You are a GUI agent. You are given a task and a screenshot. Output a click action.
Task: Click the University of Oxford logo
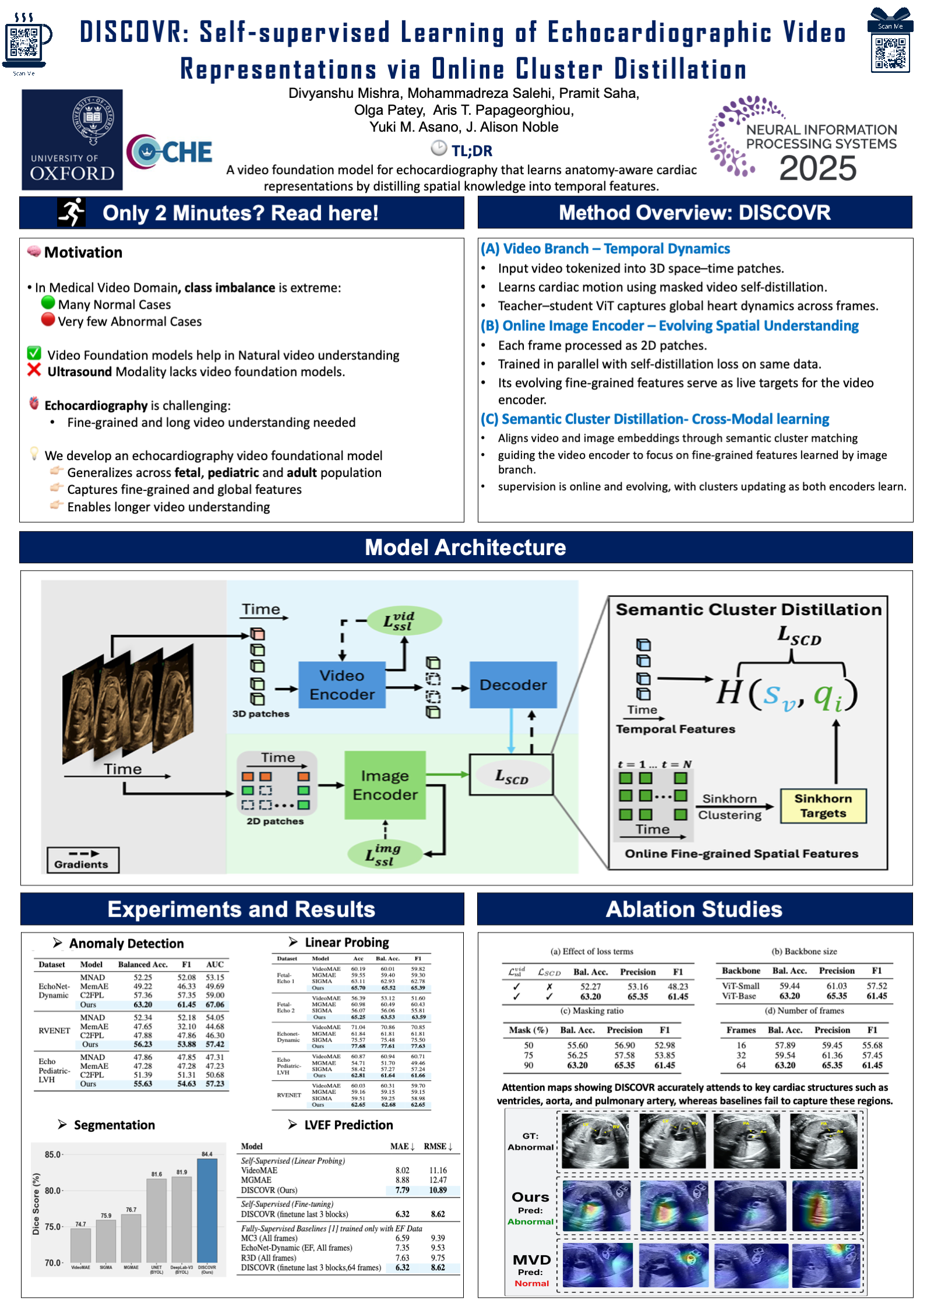(x=72, y=140)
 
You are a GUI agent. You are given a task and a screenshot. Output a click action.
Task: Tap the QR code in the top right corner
(x=890, y=53)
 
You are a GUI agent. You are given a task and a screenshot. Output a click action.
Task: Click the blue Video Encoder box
(x=342, y=685)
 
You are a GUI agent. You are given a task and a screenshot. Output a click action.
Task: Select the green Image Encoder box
(x=385, y=785)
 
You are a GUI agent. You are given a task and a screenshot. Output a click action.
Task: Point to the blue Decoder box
(x=513, y=685)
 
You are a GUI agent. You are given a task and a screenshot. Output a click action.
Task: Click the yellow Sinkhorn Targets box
(x=823, y=806)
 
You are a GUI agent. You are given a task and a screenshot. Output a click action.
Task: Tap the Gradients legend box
(x=83, y=860)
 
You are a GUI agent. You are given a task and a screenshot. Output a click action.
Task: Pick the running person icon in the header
(x=72, y=213)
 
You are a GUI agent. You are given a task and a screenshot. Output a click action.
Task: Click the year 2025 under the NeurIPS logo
(x=817, y=169)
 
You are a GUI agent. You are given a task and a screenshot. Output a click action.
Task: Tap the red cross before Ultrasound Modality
(x=34, y=370)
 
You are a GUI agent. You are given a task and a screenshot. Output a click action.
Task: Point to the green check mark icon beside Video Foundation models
(x=34, y=353)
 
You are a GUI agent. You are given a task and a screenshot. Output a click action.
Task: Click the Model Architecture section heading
(x=465, y=548)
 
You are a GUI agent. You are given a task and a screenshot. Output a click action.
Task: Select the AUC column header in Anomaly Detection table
(x=214, y=965)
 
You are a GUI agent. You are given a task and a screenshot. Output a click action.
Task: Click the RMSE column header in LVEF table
(x=437, y=1146)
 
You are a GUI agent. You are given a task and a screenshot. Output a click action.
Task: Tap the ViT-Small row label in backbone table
(x=741, y=986)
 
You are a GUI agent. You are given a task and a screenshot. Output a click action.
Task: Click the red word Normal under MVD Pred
(x=531, y=1283)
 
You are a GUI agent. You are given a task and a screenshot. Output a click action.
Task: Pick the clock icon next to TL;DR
(x=439, y=148)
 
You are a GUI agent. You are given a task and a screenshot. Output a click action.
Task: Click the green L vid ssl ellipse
(x=404, y=621)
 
